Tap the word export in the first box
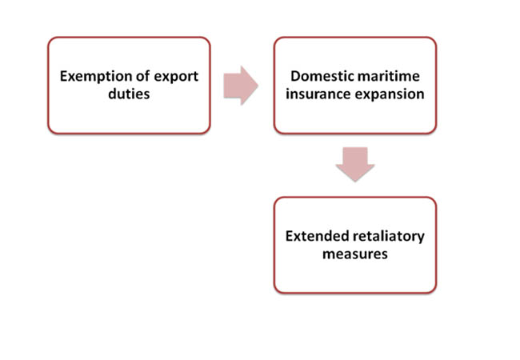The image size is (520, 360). [x=176, y=78]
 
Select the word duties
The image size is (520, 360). [x=129, y=94]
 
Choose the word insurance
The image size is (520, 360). [x=318, y=94]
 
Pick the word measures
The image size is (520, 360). [x=355, y=254]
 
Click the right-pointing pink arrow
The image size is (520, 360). [x=241, y=86]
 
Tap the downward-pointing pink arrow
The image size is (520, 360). [x=355, y=165]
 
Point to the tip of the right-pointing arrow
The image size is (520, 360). [x=258, y=86]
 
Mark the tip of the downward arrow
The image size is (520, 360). [x=355, y=182]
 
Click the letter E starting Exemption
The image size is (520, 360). [x=64, y=76]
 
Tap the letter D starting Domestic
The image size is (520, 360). [x=296, y=76]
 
